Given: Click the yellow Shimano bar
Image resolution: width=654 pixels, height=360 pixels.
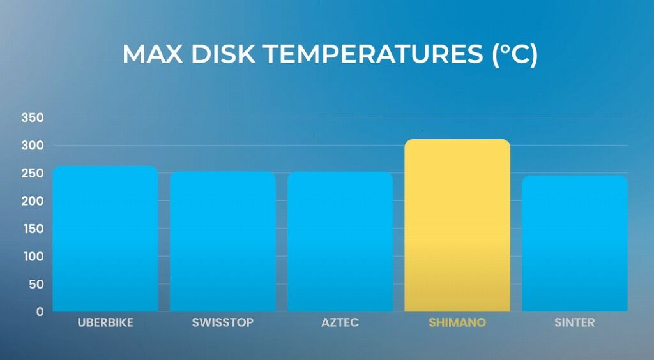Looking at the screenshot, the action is [x=457, y=225].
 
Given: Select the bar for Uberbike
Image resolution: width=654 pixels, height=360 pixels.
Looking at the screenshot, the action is [x=105, y=239].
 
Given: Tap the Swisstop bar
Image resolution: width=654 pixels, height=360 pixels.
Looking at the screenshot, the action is [x=223, y=242].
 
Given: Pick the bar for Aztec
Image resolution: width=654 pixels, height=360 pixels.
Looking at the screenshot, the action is [x=340, y=242].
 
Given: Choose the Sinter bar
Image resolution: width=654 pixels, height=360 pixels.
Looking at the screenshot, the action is [x=575, y=243].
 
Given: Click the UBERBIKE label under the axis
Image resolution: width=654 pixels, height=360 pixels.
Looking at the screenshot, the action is [x=105, y=322].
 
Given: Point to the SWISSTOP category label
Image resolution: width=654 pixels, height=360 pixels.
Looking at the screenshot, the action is [x=223, y=322].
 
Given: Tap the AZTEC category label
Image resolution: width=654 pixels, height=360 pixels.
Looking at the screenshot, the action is [x=340, y=322].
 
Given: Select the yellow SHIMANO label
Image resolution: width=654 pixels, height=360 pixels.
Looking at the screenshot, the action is [x=457, y=322].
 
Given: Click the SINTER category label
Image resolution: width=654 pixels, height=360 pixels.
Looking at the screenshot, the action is [x=575, y=322].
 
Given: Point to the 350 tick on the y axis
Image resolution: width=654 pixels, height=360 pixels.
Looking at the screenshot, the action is [x=33, y=118].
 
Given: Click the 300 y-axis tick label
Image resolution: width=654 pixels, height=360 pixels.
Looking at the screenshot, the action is [x=33, y=146].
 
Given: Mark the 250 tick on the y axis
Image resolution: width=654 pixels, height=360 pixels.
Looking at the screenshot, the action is [x=33, y=174].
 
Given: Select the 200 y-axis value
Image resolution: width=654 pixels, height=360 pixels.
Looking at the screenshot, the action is [x=33, y=201].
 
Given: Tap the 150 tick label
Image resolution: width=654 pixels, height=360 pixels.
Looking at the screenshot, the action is [x=33, y=229].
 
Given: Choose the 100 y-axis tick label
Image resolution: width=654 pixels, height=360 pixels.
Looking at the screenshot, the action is [x=33, y=257].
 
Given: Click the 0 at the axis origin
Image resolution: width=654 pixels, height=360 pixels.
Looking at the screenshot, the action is [x=40, y=311].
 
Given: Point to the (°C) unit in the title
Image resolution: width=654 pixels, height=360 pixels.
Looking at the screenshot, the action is [x=515, y=54].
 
